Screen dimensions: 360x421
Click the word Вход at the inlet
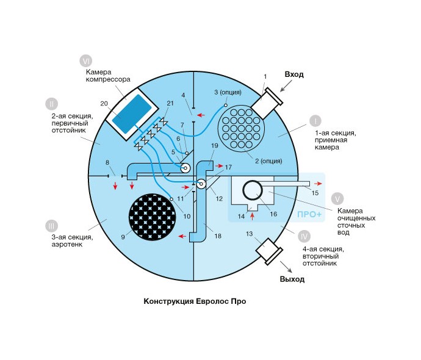[x=293, y=74]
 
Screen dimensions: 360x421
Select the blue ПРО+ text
[x=307, y=215]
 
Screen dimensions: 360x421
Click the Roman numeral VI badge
[x=87, y=61]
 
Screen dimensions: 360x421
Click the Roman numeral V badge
[x=337, y=199]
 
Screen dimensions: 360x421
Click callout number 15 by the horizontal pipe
[x=315, y=193]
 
